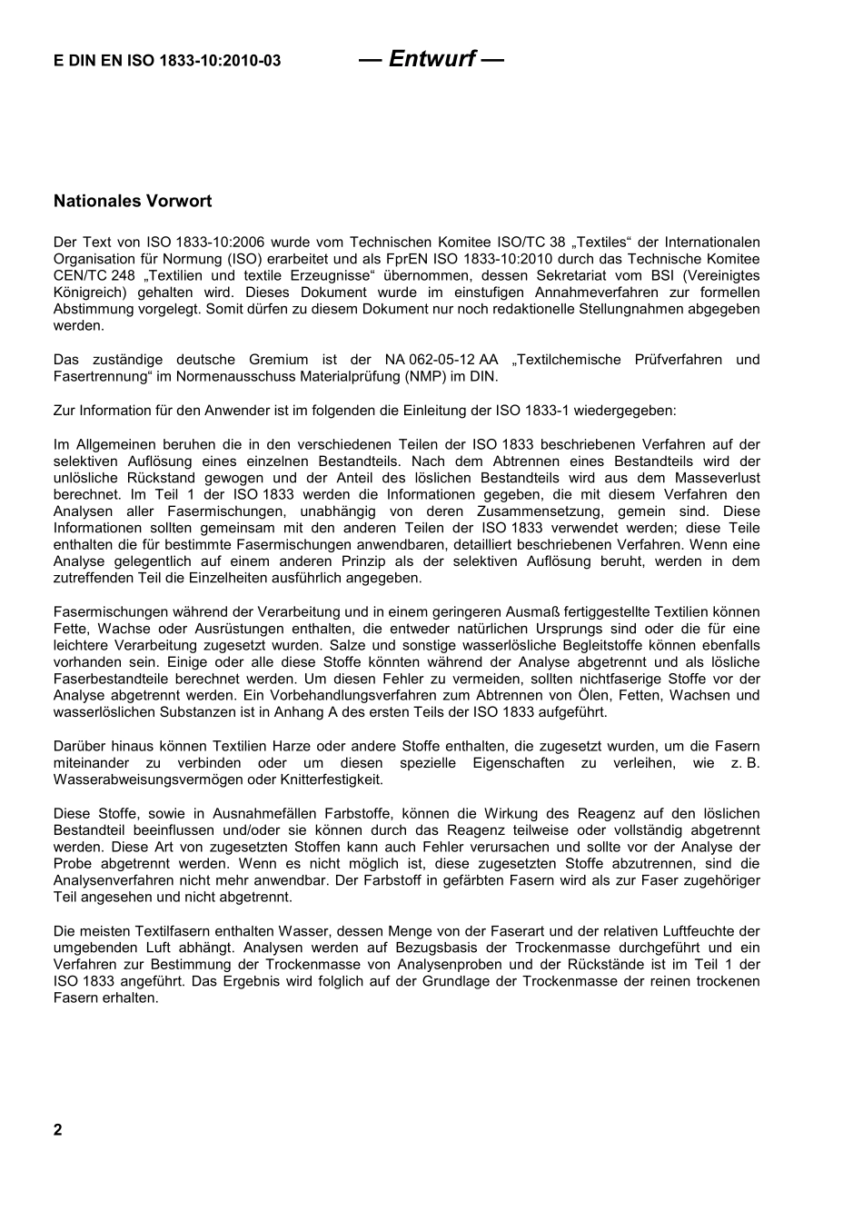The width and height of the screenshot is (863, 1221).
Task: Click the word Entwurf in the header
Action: pos(431,59)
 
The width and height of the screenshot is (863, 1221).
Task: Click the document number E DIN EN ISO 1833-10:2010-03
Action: pos(167,62)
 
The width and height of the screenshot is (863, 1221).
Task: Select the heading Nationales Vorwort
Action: pos(133,201)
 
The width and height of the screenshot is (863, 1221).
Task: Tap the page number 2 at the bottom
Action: pos(58,1130)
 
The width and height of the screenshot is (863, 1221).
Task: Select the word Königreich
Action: pos(90,293)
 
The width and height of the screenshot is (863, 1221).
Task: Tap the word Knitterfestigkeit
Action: pos(328,779)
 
